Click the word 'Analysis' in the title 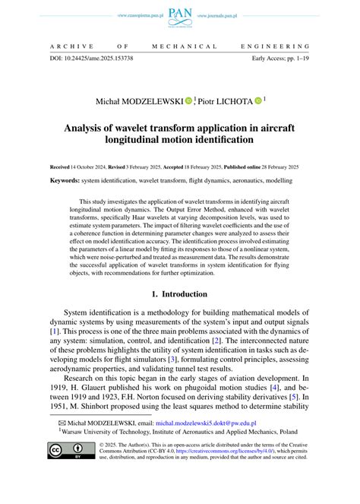(x=87, y=127)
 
